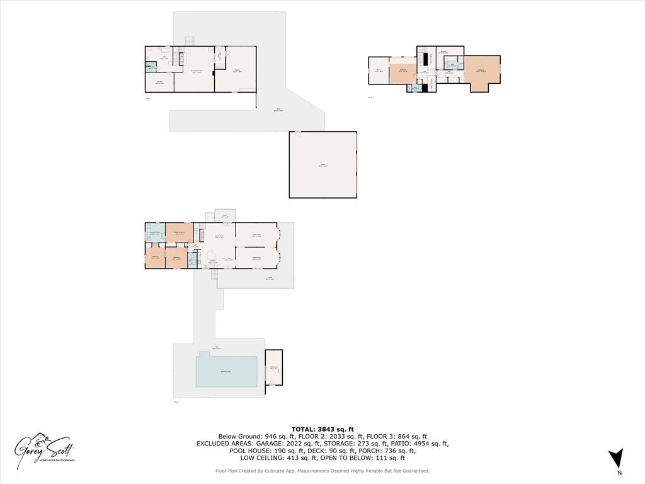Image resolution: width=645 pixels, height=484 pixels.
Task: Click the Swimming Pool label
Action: (225, 372)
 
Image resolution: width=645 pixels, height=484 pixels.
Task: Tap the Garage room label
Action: (322, 165)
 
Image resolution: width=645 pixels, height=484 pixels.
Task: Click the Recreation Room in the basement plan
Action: (195, 72)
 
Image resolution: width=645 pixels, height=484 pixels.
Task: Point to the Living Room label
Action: (256, 235)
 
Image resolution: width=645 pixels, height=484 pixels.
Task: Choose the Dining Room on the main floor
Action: (256, 258)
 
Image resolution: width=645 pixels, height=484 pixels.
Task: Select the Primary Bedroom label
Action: (178, 233)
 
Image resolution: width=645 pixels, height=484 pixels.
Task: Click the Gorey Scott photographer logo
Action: (45, 448)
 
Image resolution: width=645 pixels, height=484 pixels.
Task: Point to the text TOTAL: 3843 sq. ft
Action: (322, 429)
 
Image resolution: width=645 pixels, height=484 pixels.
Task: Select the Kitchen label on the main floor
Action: (213, 262)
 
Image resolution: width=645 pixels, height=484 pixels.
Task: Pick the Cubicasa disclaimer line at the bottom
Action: (322, 471)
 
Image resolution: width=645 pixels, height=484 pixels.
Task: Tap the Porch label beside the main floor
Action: (269, 277)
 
